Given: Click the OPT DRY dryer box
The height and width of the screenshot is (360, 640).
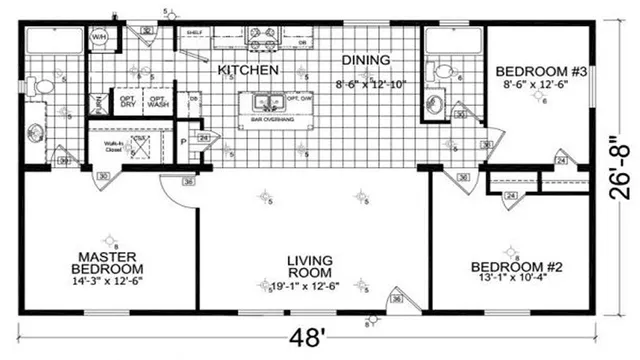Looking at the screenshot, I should click(127, 102).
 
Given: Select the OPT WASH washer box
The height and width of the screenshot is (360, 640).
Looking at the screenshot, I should click(158, 102).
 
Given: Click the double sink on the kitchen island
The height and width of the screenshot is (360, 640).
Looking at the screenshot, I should click(266, 101).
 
